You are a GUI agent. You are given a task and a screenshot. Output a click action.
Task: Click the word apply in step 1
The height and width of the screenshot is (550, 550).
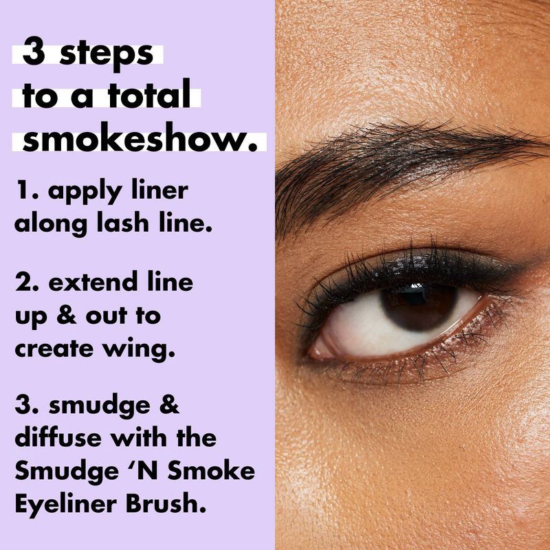[x=75, y=192]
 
